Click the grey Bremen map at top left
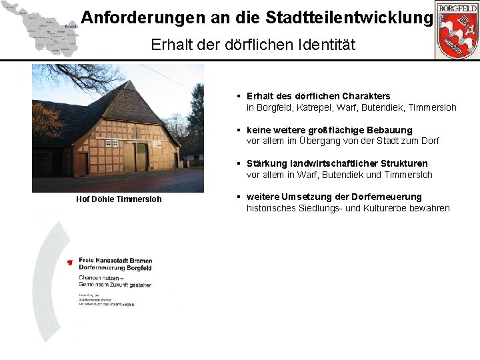[x=40, y=29]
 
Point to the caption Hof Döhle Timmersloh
[x=119, y=199]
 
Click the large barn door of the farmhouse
[x=135, y=157]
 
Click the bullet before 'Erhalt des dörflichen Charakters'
[x=239, y=97]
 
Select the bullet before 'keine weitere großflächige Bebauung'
[x=239, y=130]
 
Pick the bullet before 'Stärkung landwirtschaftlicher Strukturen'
[x=239, y=163]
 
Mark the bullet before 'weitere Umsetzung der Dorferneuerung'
[x=239, y=197]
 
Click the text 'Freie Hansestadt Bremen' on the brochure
[x=115, y=261]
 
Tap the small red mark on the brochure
[x=70, y=263]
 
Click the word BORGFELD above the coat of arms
[x=457, y=7]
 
